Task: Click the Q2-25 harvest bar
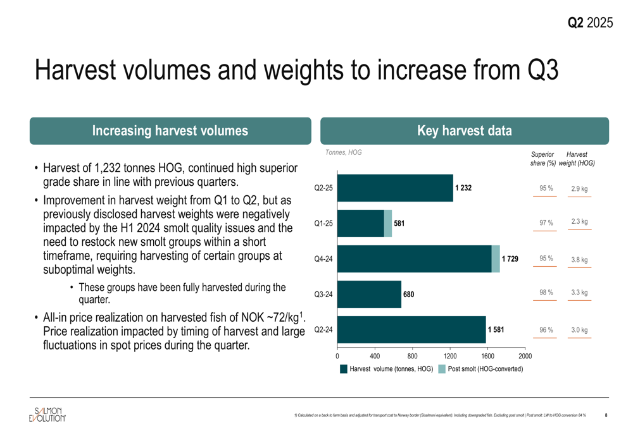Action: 395,188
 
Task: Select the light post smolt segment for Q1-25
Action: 388,223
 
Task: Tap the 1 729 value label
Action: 510,259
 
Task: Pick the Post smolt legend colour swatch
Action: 442,369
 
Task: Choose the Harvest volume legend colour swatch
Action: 344,369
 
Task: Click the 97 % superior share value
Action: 546,223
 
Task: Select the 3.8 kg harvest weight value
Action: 579,259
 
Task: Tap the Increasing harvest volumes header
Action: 170,131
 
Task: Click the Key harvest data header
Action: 465,131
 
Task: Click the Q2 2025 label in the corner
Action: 589,23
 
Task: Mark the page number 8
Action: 606,415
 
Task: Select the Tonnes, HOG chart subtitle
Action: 344,152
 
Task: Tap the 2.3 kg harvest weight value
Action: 579,222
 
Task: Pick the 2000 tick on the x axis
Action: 525,356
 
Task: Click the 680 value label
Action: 409,294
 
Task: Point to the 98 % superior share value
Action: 546,293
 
